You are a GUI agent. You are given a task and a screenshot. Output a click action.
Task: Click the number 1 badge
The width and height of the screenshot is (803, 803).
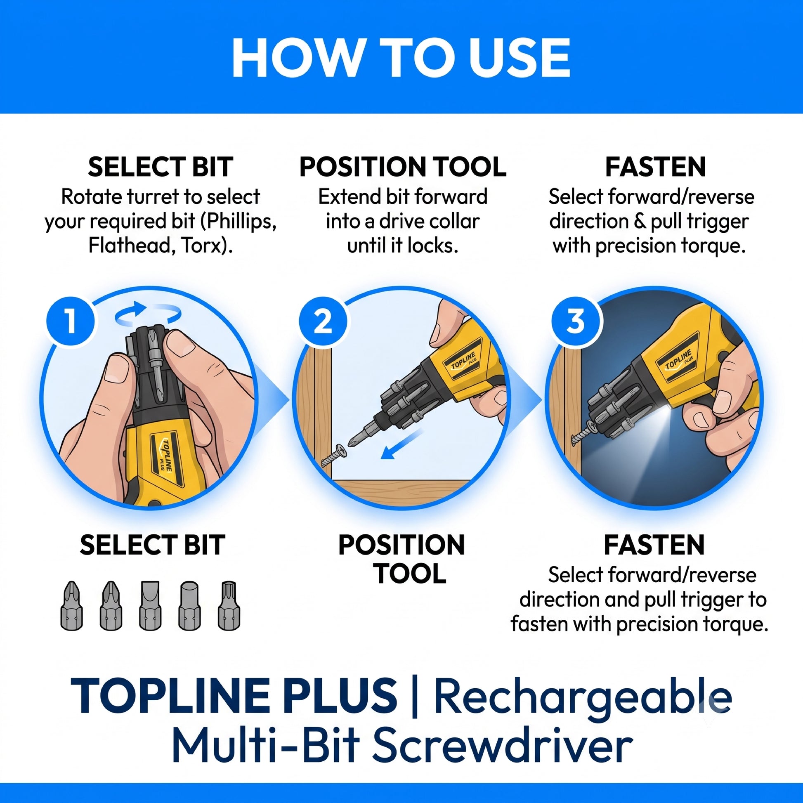click(71, 321)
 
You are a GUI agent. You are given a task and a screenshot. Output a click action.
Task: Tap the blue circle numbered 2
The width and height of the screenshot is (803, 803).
click(323, 321)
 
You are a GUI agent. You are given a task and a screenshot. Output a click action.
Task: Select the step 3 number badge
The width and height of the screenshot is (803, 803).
click(576, 321)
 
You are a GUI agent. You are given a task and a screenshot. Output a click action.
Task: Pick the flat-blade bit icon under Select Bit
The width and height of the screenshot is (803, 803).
click(150, 606)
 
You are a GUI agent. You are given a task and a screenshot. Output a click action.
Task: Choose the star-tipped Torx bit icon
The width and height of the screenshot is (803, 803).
click(229, 606)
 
